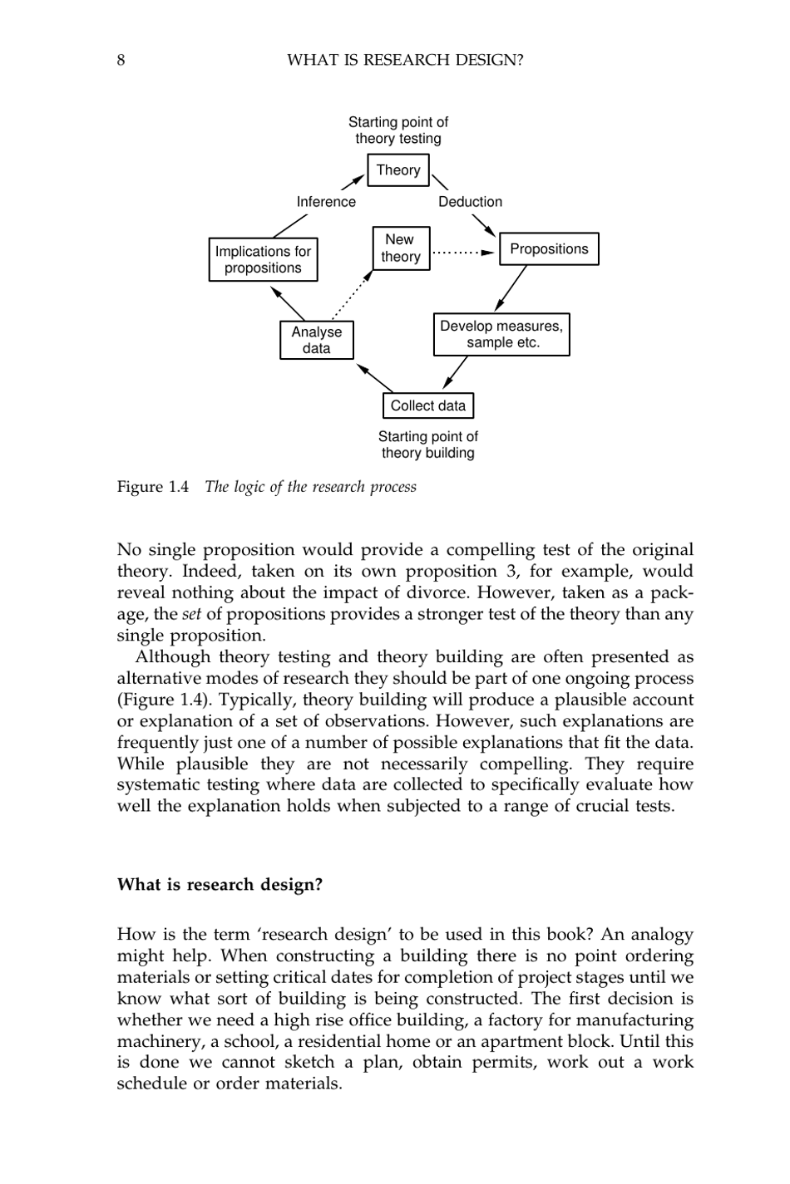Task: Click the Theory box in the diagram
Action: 398,170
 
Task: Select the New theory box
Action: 400,248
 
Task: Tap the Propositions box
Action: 548,249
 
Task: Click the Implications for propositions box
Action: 263,259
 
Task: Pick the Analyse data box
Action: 316,340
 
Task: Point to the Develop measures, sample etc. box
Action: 501,334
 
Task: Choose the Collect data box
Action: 427,405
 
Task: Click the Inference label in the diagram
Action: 326,202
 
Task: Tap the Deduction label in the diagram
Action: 470,202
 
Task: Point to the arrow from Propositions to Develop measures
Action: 511,288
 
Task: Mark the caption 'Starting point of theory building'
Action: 427,445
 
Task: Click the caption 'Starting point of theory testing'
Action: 397,130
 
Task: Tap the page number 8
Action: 121,60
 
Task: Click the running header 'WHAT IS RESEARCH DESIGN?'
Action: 404,60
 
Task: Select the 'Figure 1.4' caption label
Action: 153,487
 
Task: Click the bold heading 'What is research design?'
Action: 220,885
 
